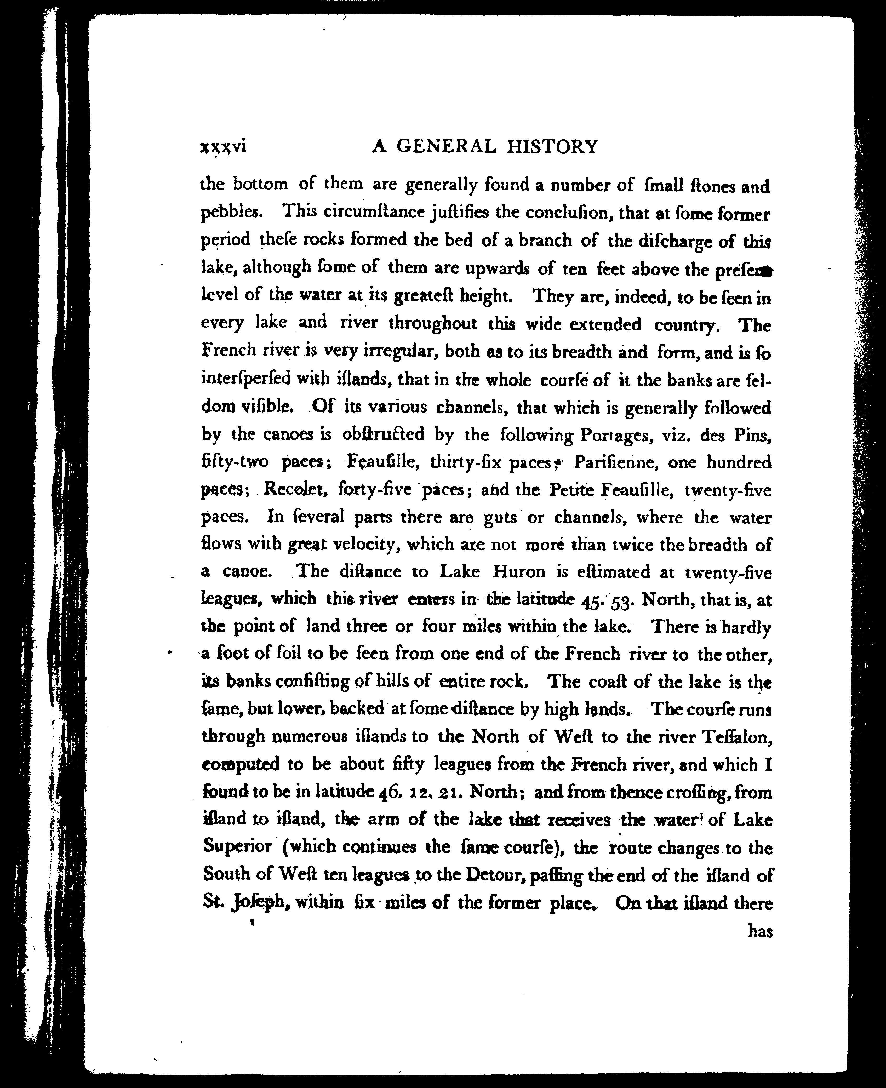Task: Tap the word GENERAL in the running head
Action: point(446,147)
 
